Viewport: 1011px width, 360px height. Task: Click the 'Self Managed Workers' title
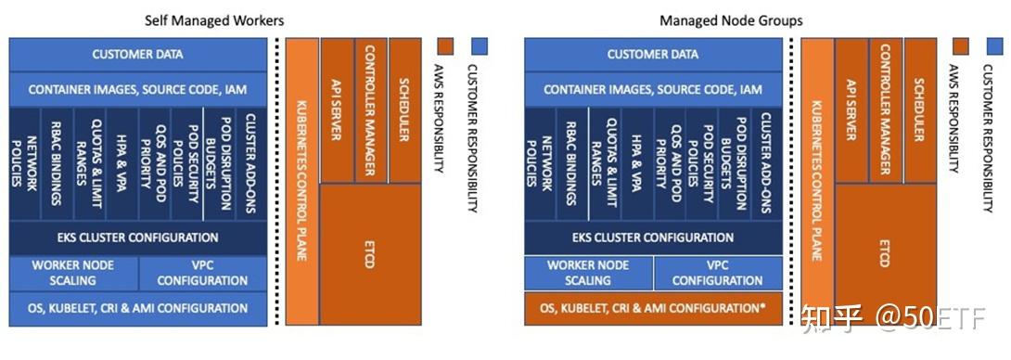click(x=214, y=19)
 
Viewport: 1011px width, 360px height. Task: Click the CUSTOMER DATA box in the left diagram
click(x=137, y=55)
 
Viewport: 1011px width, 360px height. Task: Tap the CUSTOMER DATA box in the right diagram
click(x=652, y=55)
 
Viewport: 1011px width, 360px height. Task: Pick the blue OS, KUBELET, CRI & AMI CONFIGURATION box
click(x=137, y=308)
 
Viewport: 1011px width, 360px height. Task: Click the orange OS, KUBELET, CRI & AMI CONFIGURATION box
click(x=652, y=308)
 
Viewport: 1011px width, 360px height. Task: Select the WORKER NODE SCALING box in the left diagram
click(x=73, y=273)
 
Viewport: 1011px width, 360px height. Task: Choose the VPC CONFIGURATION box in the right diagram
click(x=717, y=273)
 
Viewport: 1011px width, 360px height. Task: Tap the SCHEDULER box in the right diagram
click(x=919, y=110)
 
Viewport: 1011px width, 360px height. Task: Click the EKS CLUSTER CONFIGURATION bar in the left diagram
click(x=137, y=238)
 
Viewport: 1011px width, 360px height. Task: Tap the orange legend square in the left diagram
click(x=446, y=45)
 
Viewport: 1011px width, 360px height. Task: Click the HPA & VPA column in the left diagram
click(x=122, y=163)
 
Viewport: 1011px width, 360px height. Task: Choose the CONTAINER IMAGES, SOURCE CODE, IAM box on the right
click(x=652, y=90)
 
